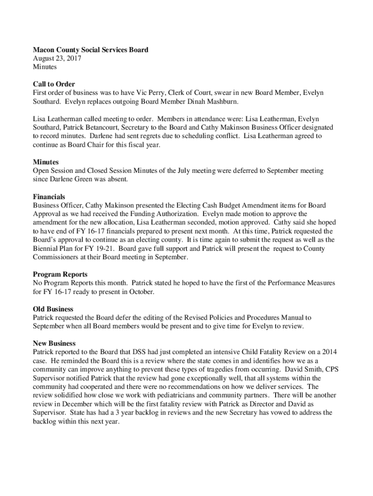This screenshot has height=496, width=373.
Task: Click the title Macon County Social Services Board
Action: (x=91, y=50)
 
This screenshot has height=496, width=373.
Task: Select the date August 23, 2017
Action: (x=57, y=59)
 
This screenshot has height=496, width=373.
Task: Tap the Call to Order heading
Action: (x=54, y=84)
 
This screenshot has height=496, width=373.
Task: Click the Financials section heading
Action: (x=49, y=197)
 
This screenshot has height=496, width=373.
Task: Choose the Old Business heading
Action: (x=53, y=309)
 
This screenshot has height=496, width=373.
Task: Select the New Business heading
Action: (x=54, y=343)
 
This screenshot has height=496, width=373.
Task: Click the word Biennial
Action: (x=45, y=249)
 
